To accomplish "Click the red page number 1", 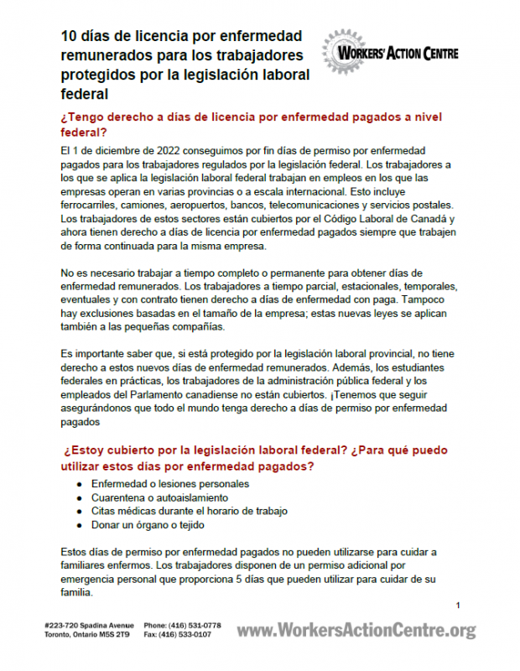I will [458, 606].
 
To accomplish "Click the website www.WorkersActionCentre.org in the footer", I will [356, 630].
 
